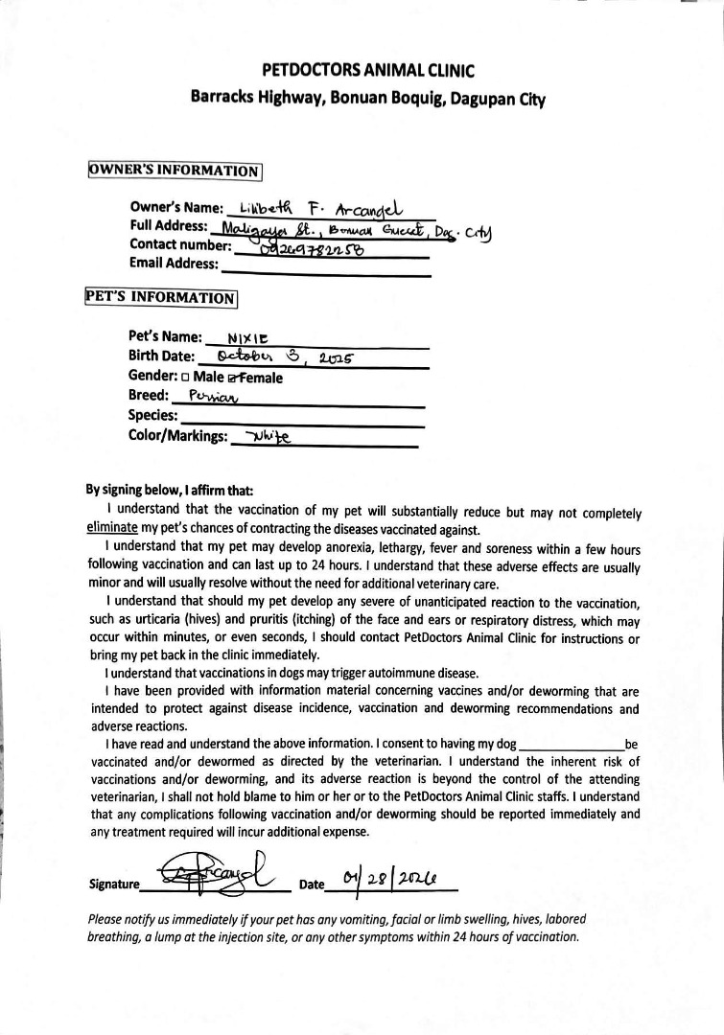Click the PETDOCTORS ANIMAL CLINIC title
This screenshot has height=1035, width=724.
click(367, 70)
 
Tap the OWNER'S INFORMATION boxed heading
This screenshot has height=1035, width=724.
click(175, 172)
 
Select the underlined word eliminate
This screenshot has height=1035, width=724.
click(111, 528)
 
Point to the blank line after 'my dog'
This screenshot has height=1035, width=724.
click(571, 745)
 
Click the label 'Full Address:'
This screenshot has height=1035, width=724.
click(168, 226)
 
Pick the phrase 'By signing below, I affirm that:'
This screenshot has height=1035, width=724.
click(170, 490)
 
